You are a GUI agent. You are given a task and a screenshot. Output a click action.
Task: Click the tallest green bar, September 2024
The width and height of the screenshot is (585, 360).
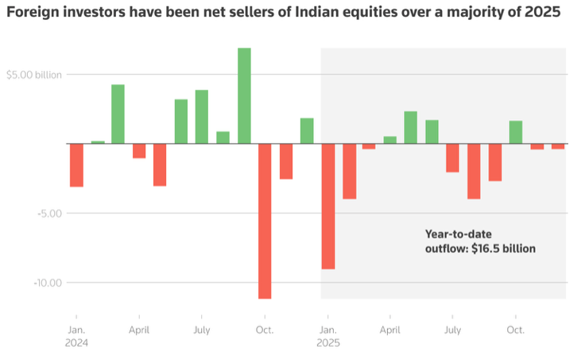pos(244,95)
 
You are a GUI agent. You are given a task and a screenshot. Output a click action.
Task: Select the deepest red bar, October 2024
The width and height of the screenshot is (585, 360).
pos(265,221)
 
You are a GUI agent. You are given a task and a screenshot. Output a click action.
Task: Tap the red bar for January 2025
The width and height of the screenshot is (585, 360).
pos(327,206)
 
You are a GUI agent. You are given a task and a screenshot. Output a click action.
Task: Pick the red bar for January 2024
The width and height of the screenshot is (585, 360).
pos(76,165)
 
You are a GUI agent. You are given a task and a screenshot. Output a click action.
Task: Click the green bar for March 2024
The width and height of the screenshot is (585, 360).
pos(118,114)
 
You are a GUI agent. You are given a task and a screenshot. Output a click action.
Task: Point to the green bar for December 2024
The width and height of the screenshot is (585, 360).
pos(307,130)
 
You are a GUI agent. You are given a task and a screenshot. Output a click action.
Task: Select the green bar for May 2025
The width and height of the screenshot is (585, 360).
pos(411,127)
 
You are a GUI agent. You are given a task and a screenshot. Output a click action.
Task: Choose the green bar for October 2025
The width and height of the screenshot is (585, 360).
pos(516,132)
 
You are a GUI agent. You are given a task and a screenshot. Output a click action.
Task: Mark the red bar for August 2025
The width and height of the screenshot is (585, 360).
pos(474,171)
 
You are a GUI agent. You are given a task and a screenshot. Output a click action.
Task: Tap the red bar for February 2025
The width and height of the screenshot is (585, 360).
pos(349,171)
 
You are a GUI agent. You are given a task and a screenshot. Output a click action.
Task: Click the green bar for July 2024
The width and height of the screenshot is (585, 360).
pos(202,116)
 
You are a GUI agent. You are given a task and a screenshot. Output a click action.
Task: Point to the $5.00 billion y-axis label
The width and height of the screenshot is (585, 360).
pos(33,75)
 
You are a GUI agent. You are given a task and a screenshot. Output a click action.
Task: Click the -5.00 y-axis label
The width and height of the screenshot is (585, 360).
pos(45,213)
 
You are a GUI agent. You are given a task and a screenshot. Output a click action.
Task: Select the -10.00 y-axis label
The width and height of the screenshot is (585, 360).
pos(43,283)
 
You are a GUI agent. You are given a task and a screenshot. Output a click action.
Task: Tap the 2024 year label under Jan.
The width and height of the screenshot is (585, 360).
pos(77,343)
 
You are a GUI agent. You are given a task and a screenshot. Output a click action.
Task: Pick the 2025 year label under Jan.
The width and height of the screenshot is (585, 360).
pos(327,343)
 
